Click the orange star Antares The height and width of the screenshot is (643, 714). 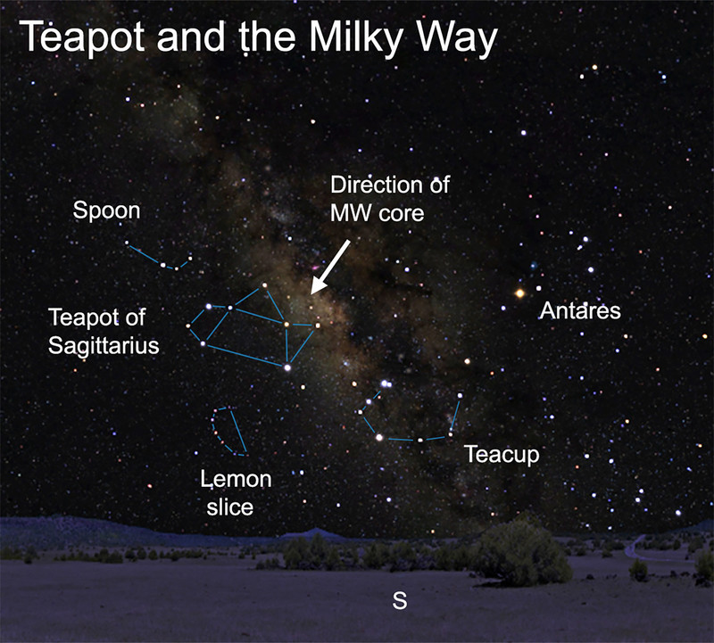[x=519, y=293]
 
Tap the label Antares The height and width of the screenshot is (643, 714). [x=580, y=311]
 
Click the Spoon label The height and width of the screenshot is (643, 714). [x=106, y=211]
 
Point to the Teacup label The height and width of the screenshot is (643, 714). [x=502, y=454]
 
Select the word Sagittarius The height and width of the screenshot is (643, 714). [x=104, y=345]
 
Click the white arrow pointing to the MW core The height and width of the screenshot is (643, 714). [x=330, y=268]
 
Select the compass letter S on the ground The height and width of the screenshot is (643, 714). [x=400, y=601]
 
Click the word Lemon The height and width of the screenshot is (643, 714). [x=236, y=479]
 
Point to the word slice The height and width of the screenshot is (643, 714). [x=230, y=507]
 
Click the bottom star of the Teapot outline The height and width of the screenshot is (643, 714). [x=287, y=367]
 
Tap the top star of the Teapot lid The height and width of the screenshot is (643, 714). [x=264, y=285]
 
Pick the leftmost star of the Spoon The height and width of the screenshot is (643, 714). [x=127, y=243]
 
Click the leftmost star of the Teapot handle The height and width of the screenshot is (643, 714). [x=187, y=326]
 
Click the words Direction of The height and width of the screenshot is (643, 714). [x=390, y=185]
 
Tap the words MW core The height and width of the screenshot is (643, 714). [x=377, y=213]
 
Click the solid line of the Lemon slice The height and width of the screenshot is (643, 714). [x=238, y=431]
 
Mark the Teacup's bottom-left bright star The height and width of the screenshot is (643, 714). [x=378, y=437]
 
